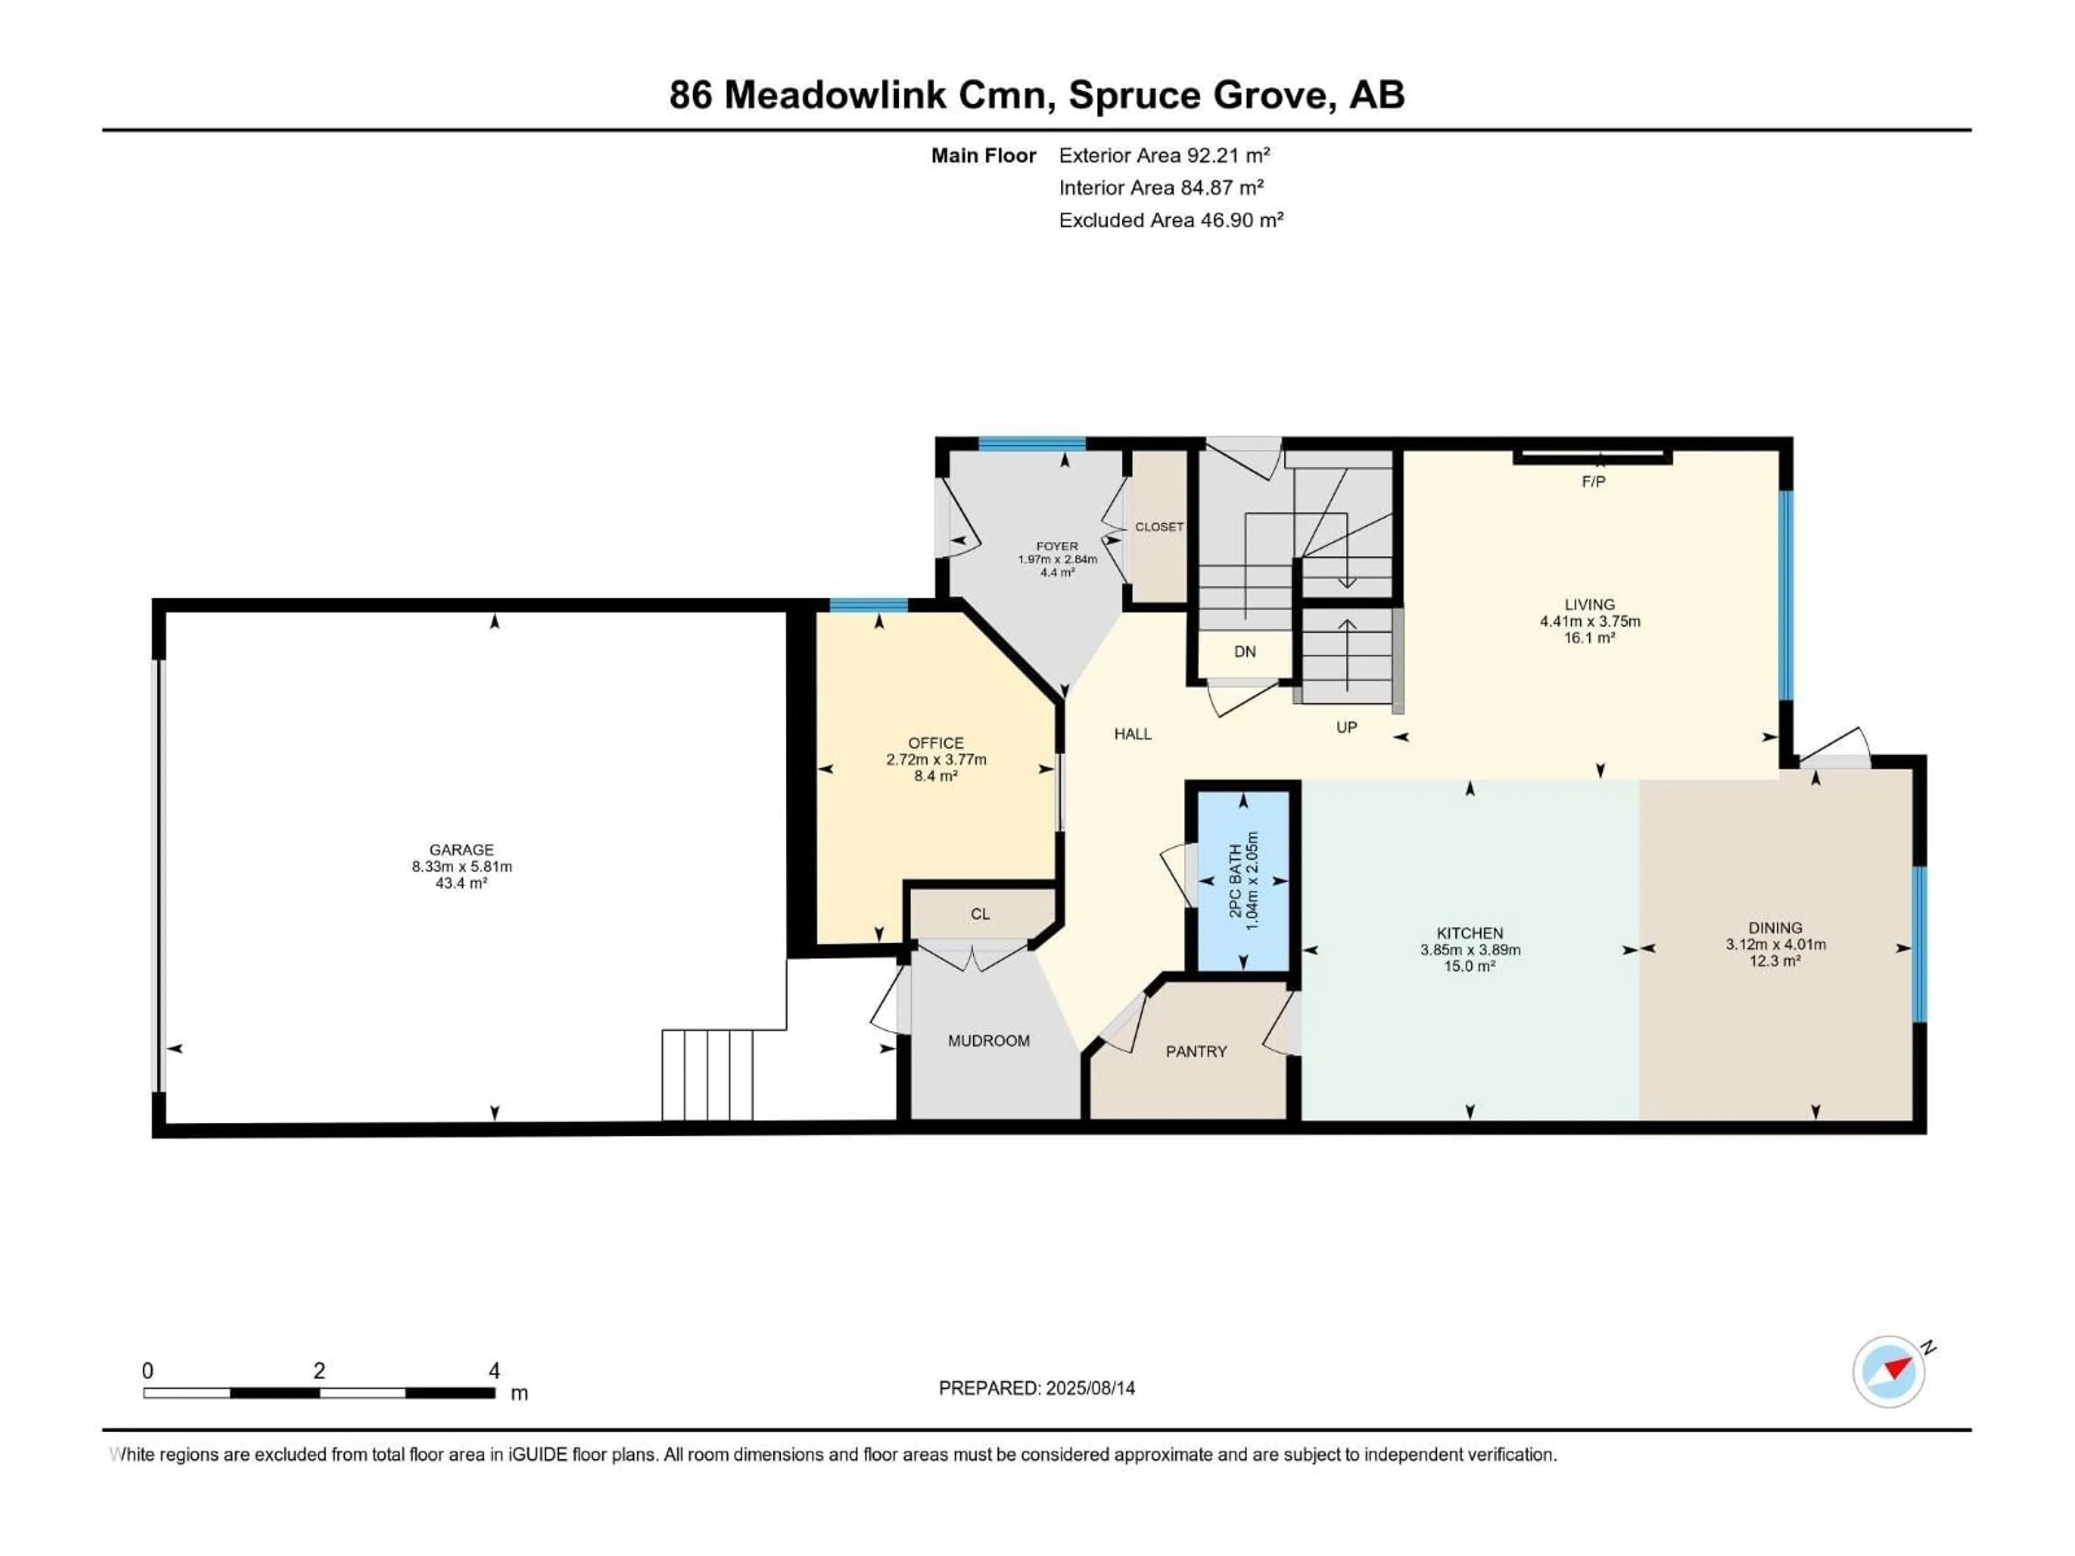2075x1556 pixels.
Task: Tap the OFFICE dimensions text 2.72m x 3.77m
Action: tap(936, 760)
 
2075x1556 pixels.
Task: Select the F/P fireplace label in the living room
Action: tap(1593, 482)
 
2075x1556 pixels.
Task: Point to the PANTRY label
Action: tap(1196, 1051)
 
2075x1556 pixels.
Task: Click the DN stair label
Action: tap(1245, 652)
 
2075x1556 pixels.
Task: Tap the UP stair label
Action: tap(1346, 727)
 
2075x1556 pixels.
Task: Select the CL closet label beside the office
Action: tap(980, 914)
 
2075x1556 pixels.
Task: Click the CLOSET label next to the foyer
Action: tap(1160, 527)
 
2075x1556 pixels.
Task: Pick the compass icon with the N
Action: tap(1889, 1371)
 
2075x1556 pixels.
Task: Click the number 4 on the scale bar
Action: tap(494, 1370)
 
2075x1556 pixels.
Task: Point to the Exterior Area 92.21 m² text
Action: tap(1164, 156)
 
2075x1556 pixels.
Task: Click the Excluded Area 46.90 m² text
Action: tap(1171, 220)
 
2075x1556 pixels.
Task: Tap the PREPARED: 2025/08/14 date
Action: tap(1036, 1388)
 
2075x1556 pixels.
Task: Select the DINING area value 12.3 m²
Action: tap(1775, 961)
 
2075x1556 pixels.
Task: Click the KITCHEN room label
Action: tap(1470, 933)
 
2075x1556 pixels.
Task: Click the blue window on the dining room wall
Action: tap(1919, 943)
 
